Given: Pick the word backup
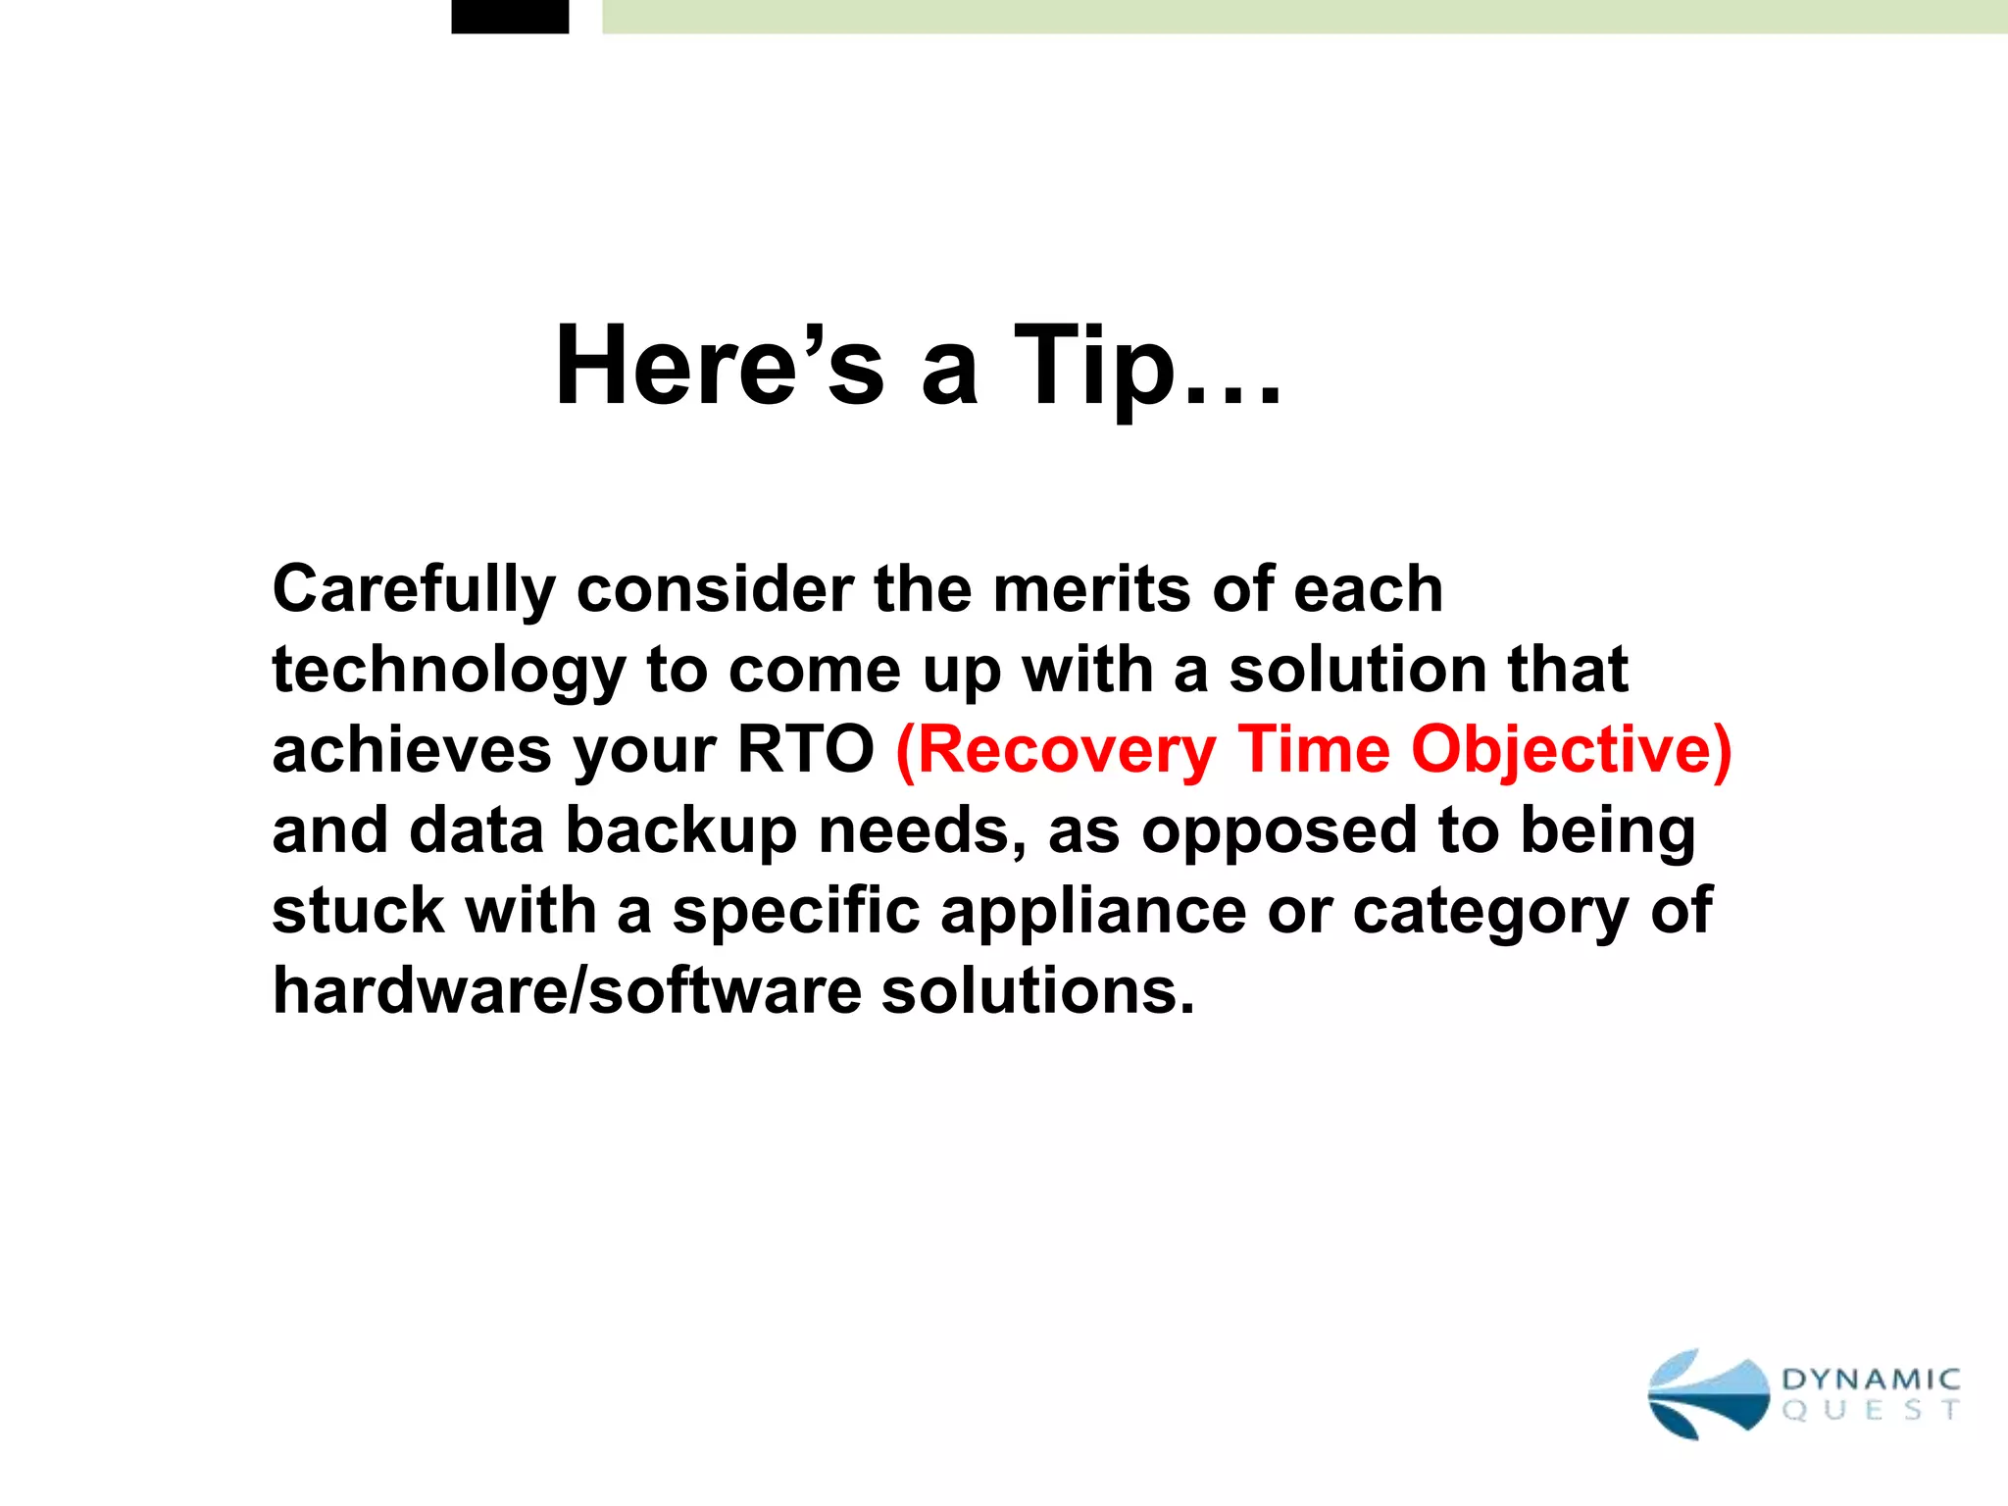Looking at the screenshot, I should [680, 832].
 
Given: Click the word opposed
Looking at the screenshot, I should [1280, 832].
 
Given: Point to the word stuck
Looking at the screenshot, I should [358, 911].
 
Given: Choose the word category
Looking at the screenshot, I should [1490, 913].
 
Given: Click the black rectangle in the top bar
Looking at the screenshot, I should [510, 16].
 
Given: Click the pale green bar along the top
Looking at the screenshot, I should [1304, 16].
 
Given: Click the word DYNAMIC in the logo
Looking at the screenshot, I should [1871, 1380].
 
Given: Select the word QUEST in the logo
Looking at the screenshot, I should [1871, 1411].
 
